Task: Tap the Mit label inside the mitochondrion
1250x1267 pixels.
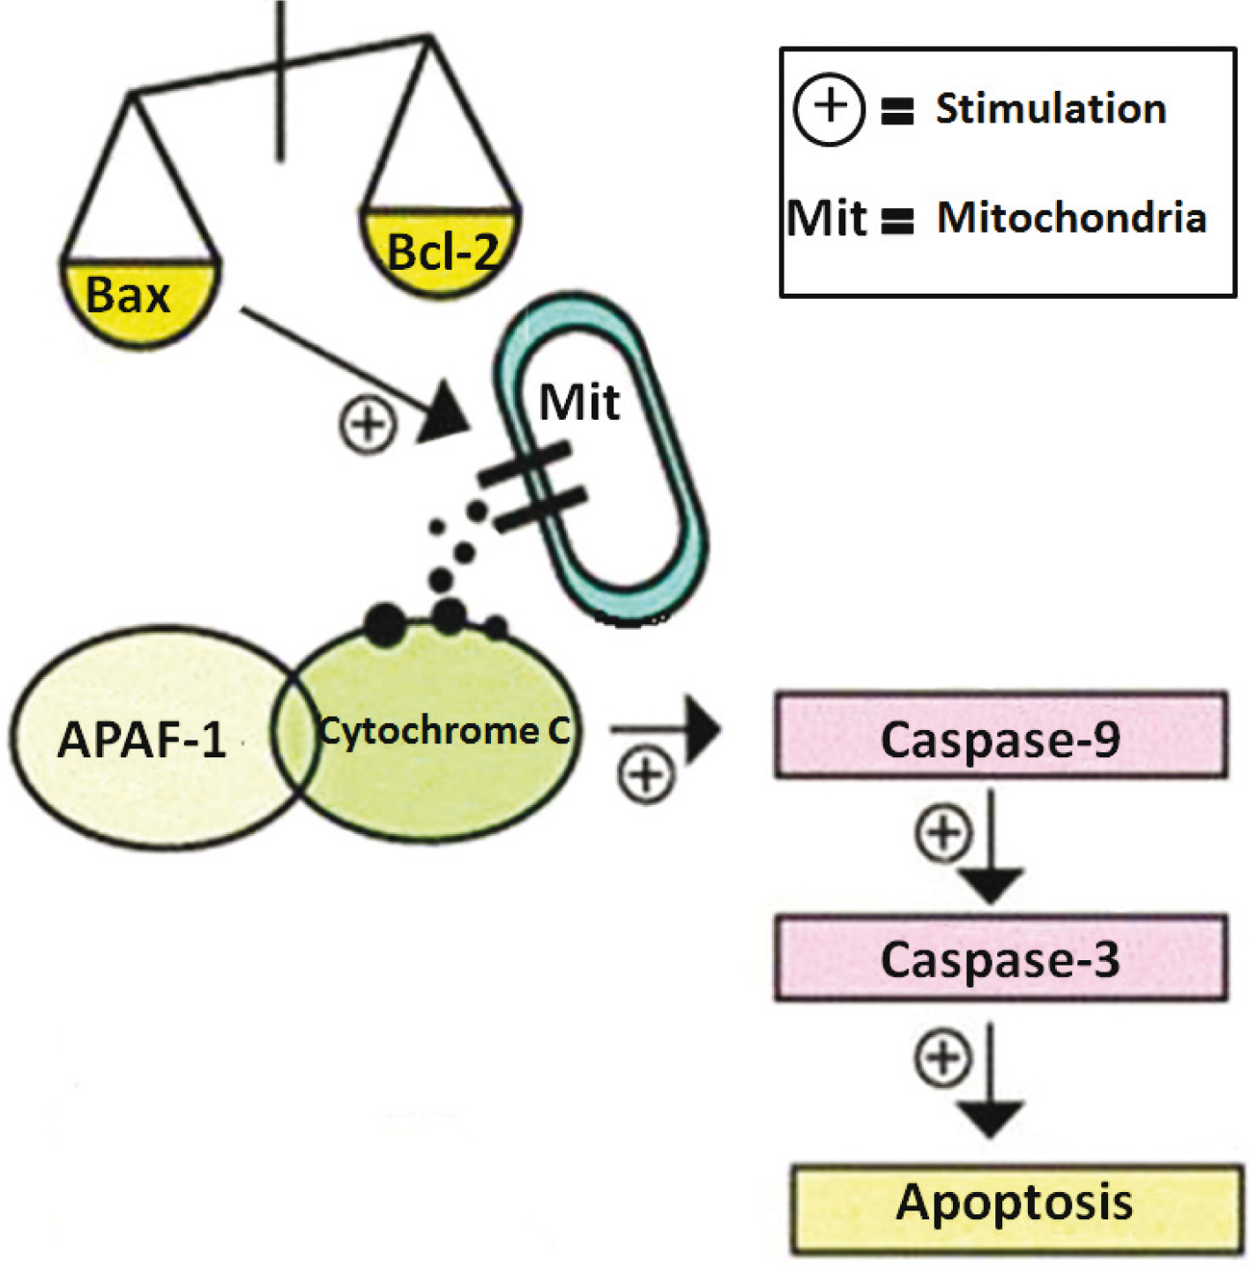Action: pyautogui.click(x=579, y=403)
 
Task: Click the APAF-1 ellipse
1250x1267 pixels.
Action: pyautogui.click(x=141, y=739)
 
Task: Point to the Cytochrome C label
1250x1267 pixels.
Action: pyautogui.click(x=444, y=731)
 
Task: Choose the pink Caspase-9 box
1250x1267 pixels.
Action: pyautogui.click(x=1001, y=737)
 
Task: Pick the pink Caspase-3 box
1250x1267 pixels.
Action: pyautogui.click(x=1001, y=958)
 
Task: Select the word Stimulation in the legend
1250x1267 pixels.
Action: pyautogui.click(x=1051, y=109)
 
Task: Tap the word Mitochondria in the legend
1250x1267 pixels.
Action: pyautogui.click(x=1071, y=218)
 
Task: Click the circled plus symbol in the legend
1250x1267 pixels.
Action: pyautogui.click(x=829, y=109)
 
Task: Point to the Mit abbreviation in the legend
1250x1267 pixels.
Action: pyautogui.click(x=826, y=218)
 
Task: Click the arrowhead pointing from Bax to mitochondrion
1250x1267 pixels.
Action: pyautogui.click(x=445, y=411)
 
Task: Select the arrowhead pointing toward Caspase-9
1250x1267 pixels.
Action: pyautogui.click(x=703, y=730)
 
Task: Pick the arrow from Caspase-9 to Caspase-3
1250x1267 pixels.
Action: pyautogui.click(x=991, y=846)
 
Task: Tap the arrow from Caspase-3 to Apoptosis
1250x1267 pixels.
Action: pyautogui.click(x=991, y=1080)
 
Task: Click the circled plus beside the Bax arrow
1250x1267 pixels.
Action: pyautogui.click(x=368, y=426)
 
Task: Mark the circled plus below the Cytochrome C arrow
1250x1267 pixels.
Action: pyautogui.click(x=646, y=776)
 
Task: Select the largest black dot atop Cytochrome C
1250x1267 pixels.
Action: pyautogui.click(x=385, y=624)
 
